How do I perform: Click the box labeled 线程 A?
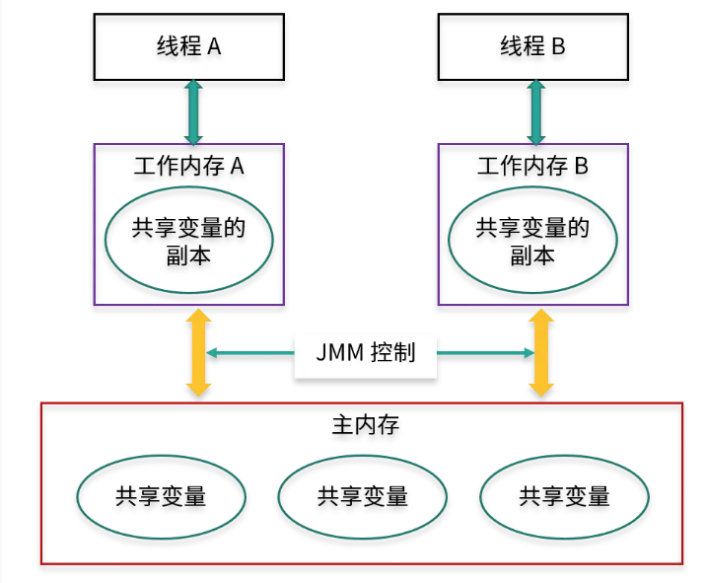pos(188,47)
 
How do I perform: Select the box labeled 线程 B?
pos(532,47)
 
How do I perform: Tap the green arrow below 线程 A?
pos(192,111)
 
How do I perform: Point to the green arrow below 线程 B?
pos(535,111)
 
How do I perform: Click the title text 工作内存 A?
pos(188,166)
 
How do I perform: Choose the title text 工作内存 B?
pos(532,166)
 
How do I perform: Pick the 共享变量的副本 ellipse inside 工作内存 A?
pos(188,241)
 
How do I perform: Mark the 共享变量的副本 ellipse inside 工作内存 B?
pos(532,241)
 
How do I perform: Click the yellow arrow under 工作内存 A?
pos(198,353)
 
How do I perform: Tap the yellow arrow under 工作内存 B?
pos(540,353)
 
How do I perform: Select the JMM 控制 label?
pos(366,353)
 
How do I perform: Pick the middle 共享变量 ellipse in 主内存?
pos(362,495)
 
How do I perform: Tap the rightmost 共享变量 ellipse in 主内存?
pos(564,495)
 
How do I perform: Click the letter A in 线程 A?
pos(214,47)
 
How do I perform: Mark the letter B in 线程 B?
pos(558,47)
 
